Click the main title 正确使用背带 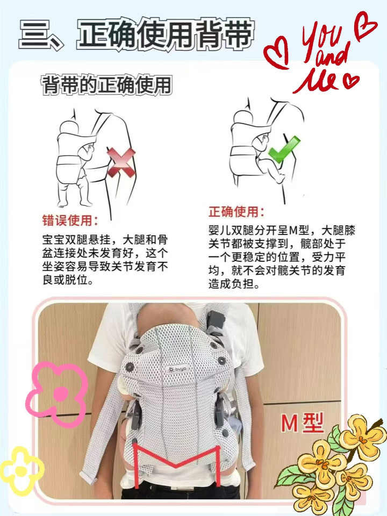point(166,34)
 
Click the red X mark point(121,162)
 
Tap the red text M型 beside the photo point(302,422)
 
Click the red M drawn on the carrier point(177,464)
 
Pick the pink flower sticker point(56,393)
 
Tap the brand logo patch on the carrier point(177,369)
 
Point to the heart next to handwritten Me point(351,81)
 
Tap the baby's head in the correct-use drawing point(242,118)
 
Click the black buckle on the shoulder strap point(216,319)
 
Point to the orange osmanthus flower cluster point(332,467)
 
